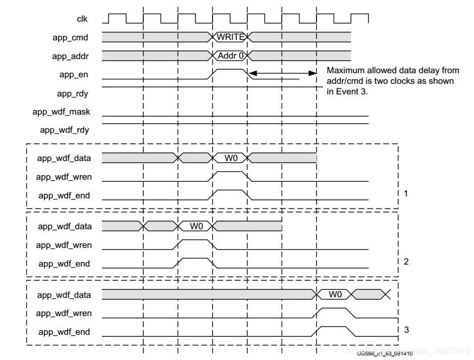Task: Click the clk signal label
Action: [82, 19]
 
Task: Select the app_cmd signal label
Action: [71, 37]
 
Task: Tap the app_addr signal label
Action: [70, 56]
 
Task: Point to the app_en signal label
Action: [74, 75]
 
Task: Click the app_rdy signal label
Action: [73, 93]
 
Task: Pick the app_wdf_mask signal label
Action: [61, 112]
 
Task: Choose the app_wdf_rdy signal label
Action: [65, 130]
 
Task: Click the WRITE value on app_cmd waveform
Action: [231, 37]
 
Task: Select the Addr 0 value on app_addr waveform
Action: [231, 56]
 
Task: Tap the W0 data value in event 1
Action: [231, 158]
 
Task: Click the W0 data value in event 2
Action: [196, 226]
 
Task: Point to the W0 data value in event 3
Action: [335, 294]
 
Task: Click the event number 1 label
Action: [406, 193]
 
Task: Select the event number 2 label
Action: [406, 262]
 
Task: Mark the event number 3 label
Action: [406, 330]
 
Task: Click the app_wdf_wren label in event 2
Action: [64, 245]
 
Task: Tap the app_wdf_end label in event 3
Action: [64, 332]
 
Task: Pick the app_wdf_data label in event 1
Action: [64, 158]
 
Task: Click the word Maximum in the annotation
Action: [345, 70]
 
